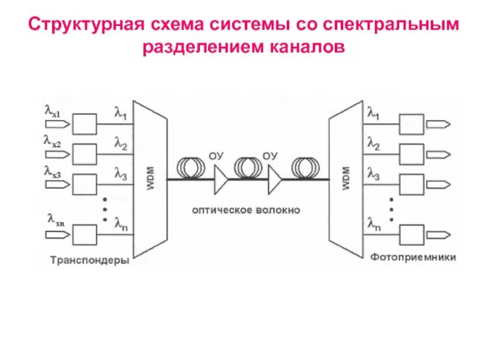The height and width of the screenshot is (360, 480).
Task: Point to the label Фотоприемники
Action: click(x=412, y=257)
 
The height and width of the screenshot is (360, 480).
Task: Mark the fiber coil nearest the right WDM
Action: click(x=305, y=164)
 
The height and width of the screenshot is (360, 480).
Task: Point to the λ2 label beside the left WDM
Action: click(x=121, y=145)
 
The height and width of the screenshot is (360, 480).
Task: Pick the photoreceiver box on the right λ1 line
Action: click(x=411, y=124)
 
